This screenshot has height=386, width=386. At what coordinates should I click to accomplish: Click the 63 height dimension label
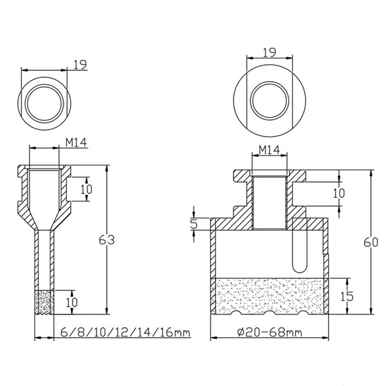[107, 240]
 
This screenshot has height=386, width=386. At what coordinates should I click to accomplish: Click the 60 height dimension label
[371, 243]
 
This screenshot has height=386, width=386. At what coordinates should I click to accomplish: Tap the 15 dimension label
[347, 296]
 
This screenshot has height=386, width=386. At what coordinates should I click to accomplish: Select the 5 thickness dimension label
[194, 224]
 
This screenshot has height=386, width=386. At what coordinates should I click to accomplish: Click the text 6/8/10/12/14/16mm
[125, 332]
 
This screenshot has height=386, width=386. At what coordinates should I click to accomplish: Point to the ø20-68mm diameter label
[270, 333]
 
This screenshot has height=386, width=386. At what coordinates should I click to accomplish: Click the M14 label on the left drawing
[76, 142]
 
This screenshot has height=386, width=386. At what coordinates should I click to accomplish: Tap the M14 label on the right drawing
[270, 150]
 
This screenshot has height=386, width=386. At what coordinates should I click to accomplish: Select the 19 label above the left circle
[80, 64]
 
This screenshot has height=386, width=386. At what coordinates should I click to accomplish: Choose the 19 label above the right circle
[270, 53]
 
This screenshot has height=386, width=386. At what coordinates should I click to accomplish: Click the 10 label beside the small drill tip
[71, 302]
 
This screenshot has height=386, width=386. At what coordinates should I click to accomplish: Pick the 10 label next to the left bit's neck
[86, 189]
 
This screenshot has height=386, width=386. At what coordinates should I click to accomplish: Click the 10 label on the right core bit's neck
[339, 193]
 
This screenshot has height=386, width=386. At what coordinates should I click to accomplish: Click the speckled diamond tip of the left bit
[44, 302]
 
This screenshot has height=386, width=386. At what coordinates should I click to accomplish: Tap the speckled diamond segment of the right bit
[270, 296]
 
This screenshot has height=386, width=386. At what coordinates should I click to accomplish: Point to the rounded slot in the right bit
[299, 251]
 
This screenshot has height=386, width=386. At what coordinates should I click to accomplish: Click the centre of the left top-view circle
[44, 104]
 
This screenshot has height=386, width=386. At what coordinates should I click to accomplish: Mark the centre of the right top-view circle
[270, 100]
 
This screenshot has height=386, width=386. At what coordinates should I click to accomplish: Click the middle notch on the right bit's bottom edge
[270, 313]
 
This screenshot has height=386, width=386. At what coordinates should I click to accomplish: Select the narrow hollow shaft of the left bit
[44, 260]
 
